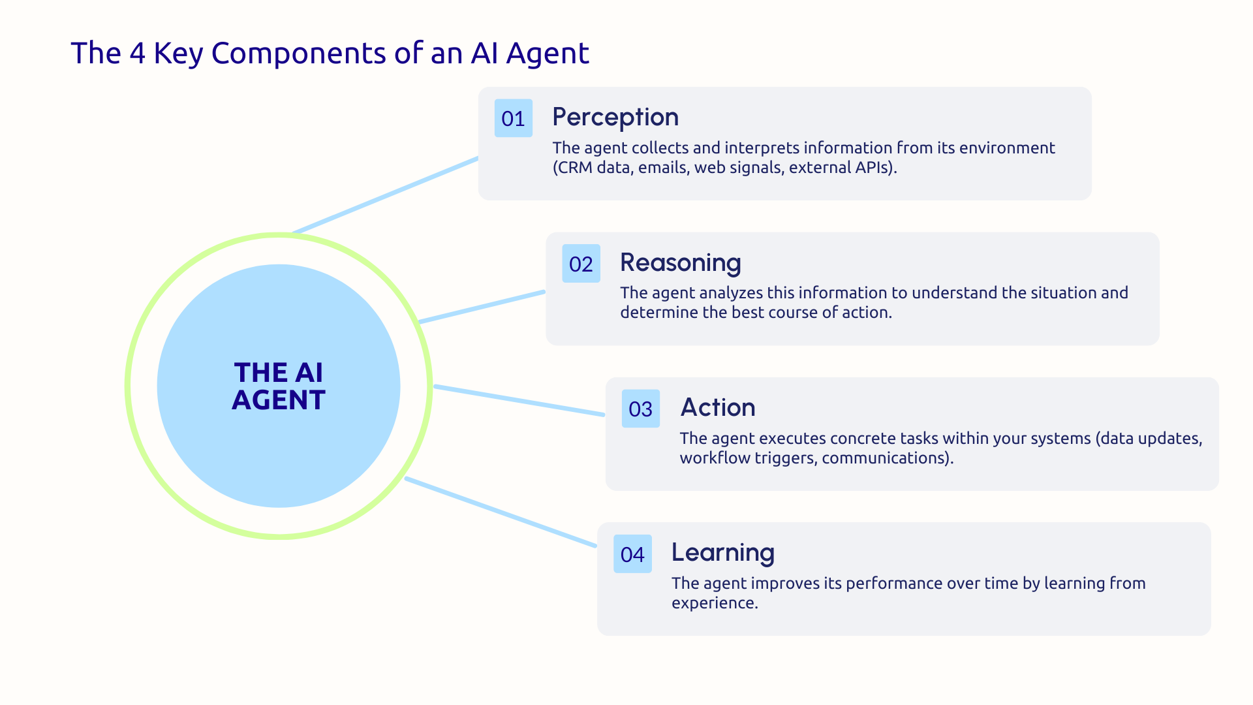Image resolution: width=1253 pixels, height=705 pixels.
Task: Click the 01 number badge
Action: click(x=513, y=118)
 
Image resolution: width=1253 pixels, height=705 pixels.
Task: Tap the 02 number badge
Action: click(x=581, y=264)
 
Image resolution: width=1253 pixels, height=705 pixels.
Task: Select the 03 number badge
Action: click(x=640, y=409)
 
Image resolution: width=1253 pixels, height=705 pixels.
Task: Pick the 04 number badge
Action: click(x=632, y=554)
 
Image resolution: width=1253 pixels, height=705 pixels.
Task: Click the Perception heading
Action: click(x=615, y=117)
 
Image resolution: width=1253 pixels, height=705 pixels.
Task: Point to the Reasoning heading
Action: click(x=680, y=263)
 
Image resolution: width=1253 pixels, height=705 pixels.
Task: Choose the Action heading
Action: click(x=717, y=408)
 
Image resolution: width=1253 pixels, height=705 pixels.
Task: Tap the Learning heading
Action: click(x=722, y=553)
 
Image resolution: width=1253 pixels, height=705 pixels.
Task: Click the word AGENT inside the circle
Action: click(x=279, y=400)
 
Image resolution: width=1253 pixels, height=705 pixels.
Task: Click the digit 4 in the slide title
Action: click(x=137, y=54)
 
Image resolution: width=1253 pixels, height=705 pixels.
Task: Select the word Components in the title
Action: click(x=298, y=54)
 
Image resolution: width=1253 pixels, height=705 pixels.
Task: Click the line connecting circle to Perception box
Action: click(x=385, y=195)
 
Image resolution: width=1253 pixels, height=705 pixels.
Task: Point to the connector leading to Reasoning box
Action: click(x=482, y=307)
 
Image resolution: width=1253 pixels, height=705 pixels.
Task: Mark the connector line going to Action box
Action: click(x=519, y=400)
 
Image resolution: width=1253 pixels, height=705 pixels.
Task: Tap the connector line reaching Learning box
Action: click(x=501, y=512)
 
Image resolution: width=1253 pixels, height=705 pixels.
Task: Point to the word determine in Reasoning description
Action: click(x=659, y=313)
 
